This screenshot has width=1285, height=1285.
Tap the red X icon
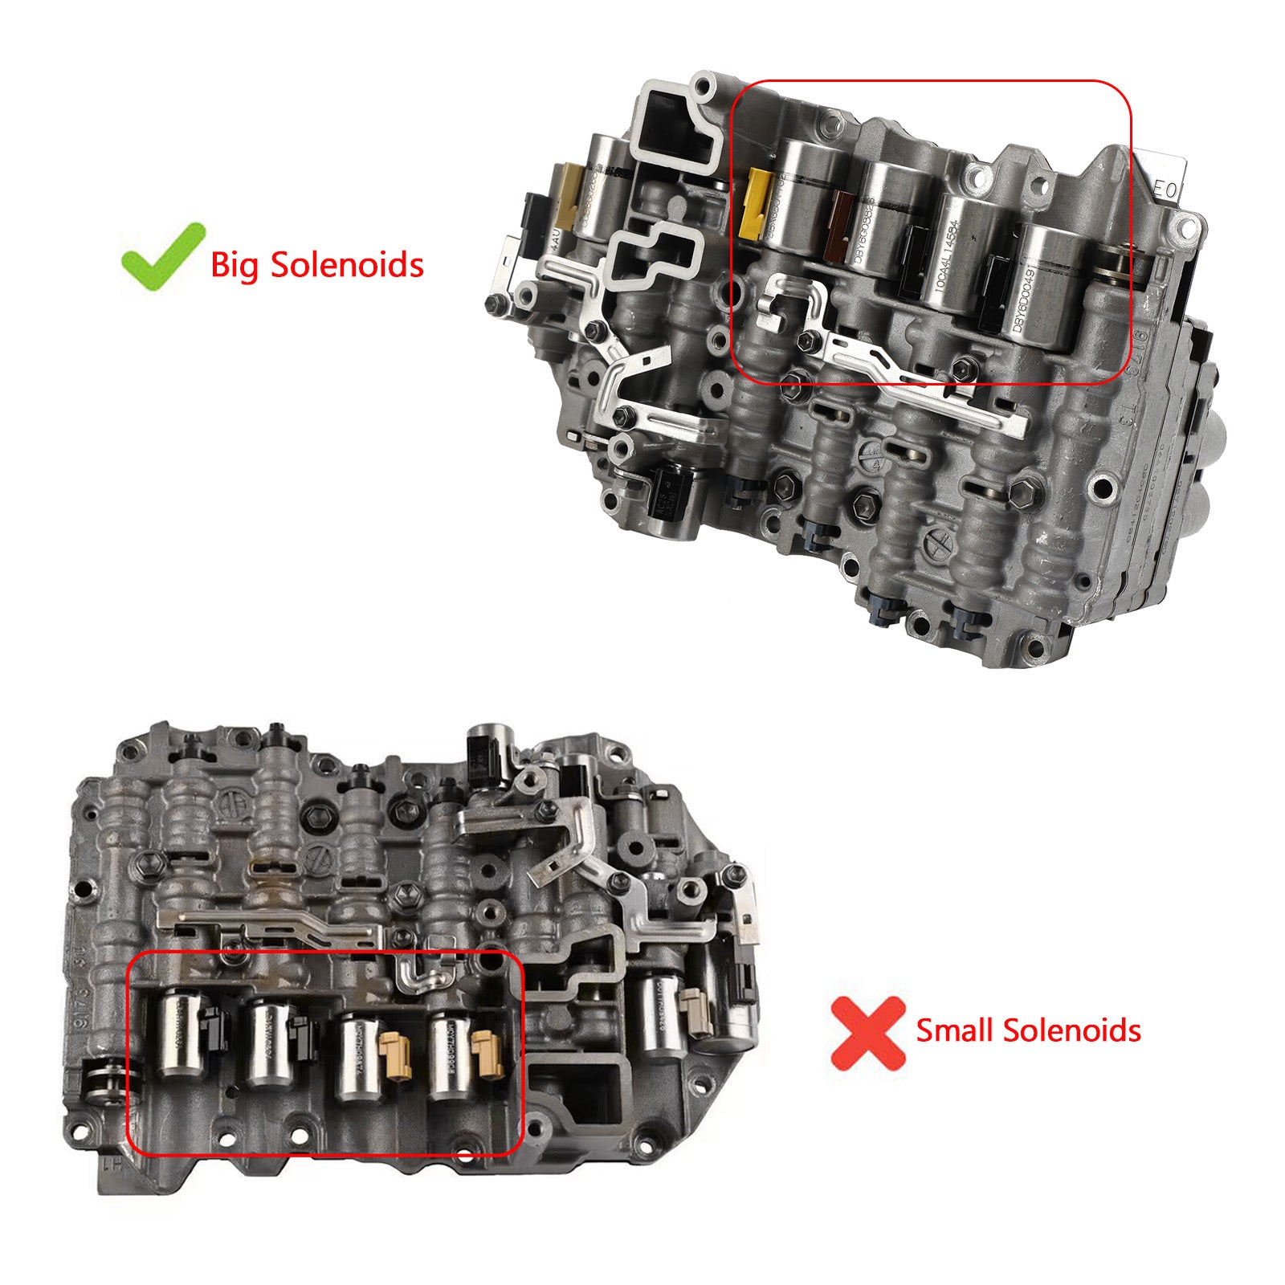coord(867,1033)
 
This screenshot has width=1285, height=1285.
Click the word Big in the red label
coord(235,265)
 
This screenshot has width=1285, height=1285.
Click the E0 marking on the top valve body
coord(1165,190)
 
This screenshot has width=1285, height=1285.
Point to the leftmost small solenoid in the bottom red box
coord(173,1035)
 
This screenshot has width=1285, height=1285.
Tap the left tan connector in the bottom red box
coord(394,1048)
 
